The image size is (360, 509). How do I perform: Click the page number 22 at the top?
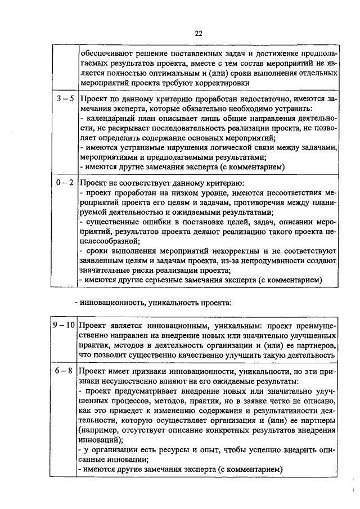(x=199, y=34)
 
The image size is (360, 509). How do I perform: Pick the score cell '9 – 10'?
(x=64, y=325)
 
